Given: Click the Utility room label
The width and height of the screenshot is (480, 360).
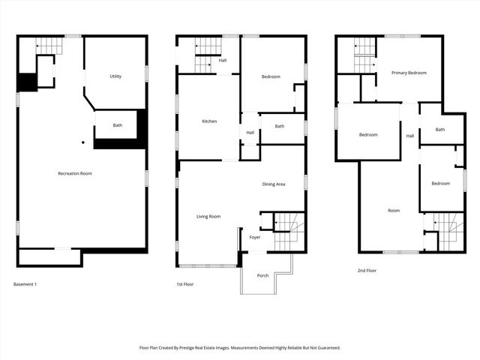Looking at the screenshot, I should click(115, 76).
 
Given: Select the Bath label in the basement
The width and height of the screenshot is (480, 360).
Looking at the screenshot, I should click(118, 125).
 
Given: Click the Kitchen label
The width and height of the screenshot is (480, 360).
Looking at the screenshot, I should click(209, 121).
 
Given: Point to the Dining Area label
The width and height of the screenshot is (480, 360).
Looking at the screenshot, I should click(273, 184).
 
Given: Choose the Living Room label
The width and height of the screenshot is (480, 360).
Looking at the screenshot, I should click(208, 217).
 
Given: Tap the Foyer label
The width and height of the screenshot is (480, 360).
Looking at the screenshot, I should click(255, 237).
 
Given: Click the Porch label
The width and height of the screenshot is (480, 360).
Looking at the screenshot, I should click(262, 275).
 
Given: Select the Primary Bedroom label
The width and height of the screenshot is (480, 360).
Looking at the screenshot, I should click(409, 73).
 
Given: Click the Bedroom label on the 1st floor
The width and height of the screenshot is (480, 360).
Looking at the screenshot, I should click(271, 76).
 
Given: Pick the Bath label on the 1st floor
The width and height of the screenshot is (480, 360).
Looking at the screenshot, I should click(279, 126).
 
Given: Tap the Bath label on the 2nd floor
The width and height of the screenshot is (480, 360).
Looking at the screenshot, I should click(439, 129).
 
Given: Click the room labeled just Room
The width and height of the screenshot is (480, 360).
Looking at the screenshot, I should click(394, 211).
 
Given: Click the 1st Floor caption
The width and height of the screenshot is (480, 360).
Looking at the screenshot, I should click(184, 284).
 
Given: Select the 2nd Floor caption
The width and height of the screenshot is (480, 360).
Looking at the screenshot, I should click(367, 270).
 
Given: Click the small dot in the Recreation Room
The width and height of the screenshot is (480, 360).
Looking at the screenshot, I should click(83, 142).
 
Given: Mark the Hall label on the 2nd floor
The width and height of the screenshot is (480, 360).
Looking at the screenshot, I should click(409, 136).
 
